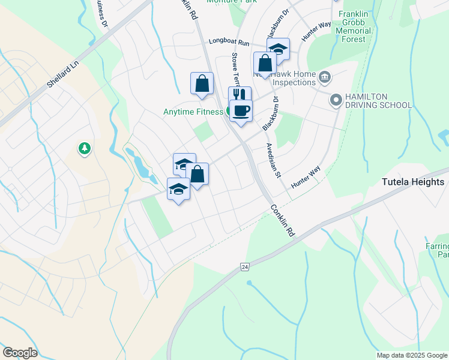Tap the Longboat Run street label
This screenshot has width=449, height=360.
(x=229, y=43)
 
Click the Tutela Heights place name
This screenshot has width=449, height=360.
(x=414, y=182)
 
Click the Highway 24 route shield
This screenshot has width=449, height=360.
(x=244, y=266)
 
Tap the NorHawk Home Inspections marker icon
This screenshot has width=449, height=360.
(x=325, y=77)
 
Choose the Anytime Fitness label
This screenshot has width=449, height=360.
(x=194, y=112)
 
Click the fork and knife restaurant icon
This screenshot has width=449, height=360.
(x=240, y=96)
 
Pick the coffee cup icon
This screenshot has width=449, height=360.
(x=241, y=110)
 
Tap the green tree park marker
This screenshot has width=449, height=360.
(x=85, y=148)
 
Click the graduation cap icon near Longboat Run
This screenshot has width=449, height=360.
(x=278, y=49)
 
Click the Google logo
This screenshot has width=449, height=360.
(x=20, y=353)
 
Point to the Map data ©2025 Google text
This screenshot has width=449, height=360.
(x=411, y=355)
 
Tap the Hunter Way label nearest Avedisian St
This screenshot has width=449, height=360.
(x=305, y=177)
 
